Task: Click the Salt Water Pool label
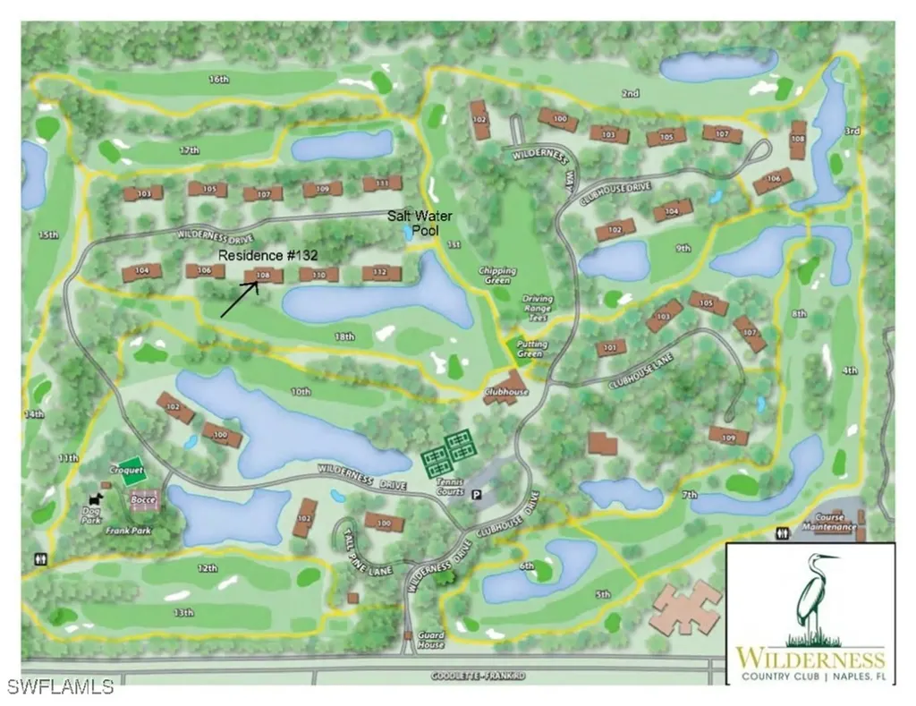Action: click(x=420, y=223)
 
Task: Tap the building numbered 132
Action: click(x=379, y=272)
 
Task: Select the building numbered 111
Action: click(x=382, y=183)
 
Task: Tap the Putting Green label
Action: click(x=530, y=348)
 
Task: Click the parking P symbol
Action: click(x=477, y=493)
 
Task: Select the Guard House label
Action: click(x=430, y=640)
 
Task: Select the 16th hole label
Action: click(x=219, y=79)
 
